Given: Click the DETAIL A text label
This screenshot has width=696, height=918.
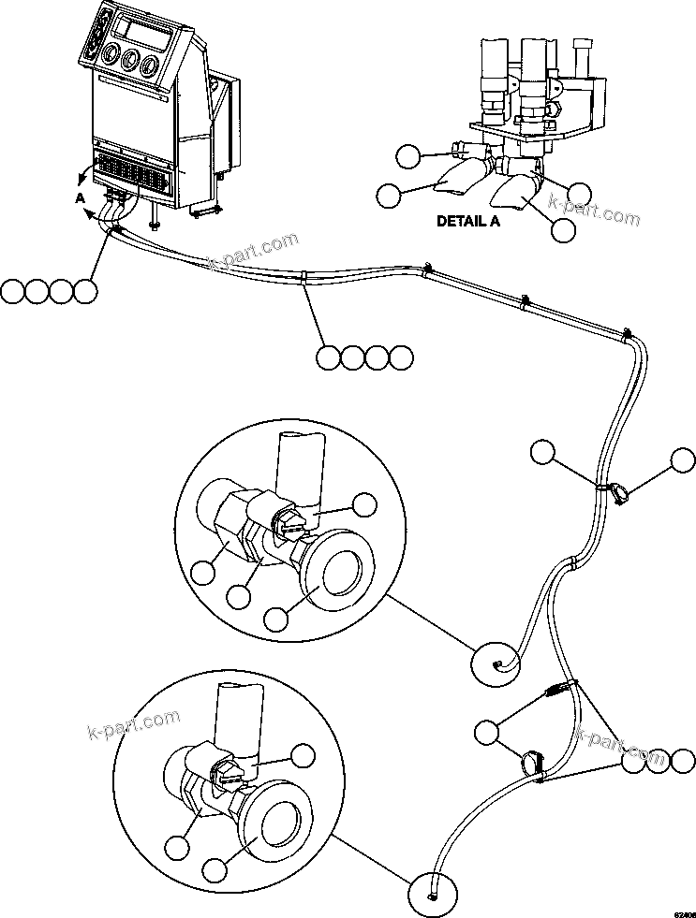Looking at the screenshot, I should pyautogui.click(x=468, y=222).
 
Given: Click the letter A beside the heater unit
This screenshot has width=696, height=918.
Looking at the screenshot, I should pyautogui.click(x=80, y=198).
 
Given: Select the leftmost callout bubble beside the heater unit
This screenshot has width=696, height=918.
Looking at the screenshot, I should pyautogui.click(x=12, y=291).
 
